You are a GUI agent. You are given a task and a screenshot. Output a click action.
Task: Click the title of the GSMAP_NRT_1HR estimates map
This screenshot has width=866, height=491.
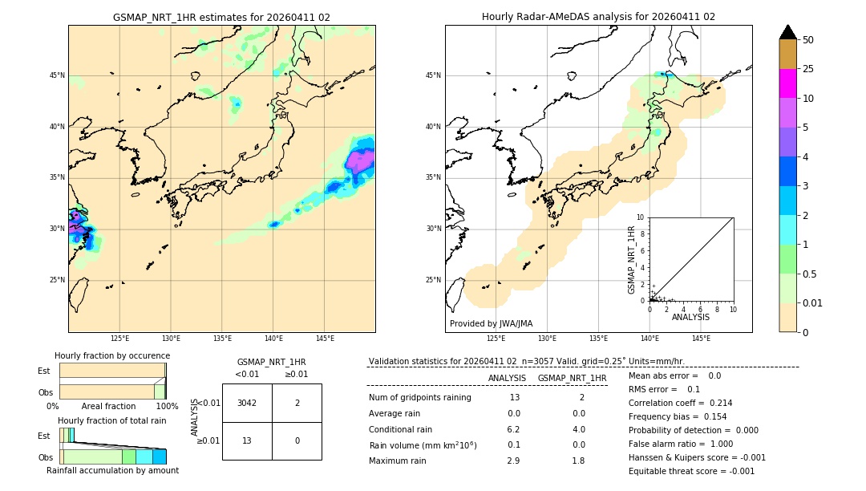(x=221, y=17)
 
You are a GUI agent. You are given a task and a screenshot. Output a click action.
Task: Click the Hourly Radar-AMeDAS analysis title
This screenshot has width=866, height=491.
(x=598, y=17)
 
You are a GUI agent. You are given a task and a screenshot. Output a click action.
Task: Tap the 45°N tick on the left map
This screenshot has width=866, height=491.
(x=57, y=75)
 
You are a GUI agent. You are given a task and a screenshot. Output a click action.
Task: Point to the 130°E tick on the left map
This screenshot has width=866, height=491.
(x=171, y=339)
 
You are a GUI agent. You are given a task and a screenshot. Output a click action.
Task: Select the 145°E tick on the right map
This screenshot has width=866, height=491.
(x=701, y=339)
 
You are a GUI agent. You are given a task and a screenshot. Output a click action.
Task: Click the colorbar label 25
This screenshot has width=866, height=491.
(x=808, y=69)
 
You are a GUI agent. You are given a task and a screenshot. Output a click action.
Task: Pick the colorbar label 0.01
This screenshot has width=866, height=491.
(x=813, y=302)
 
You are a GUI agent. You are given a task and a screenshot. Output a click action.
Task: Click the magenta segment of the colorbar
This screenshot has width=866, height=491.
(x=787, y=83)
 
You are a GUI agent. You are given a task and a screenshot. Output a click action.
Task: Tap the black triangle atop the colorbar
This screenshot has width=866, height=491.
(x=787, y=32)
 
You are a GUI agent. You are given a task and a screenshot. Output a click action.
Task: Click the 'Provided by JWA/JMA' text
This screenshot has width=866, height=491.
(x=491, y=323)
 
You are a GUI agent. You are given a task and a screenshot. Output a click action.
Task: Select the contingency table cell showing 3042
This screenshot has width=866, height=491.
(x=247, y=403)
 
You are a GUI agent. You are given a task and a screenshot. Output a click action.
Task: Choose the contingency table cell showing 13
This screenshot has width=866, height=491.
(x=247, y=440)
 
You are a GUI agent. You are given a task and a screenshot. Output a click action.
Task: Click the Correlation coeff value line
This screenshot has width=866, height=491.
(x=680, y=403)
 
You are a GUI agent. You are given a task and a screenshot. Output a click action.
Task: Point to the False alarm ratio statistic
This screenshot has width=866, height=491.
(x=680, y=444)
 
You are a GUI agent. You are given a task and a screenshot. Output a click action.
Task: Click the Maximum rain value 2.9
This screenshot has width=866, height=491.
(x=513, y=461)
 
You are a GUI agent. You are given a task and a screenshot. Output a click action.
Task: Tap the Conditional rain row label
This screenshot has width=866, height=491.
(x=401, y=429)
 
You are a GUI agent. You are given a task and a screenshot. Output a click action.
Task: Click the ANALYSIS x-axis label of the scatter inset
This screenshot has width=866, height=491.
(x=690, y=317)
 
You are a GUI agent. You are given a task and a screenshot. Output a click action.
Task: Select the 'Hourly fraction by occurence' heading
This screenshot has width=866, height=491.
(x=112, y=355)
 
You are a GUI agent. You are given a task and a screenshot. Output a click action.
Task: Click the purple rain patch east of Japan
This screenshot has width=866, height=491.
(x=361, y=160)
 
